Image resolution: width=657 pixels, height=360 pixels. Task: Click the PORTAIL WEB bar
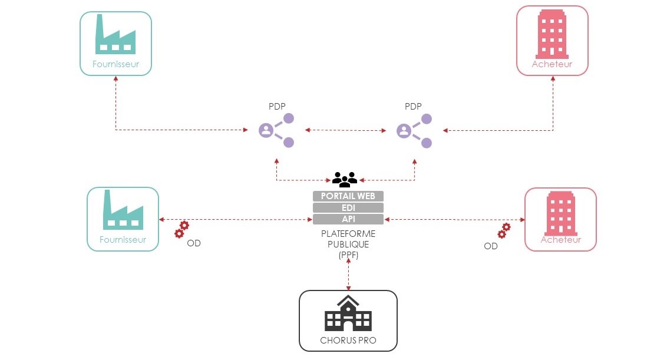348,196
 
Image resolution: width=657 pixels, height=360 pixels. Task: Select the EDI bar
348,208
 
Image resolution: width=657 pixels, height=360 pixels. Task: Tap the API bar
348,219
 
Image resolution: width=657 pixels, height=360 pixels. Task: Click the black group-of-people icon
345,179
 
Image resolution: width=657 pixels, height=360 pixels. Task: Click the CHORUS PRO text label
348,340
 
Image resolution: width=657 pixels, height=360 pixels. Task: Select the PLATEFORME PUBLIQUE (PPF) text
348,245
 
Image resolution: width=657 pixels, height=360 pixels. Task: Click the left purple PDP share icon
276,130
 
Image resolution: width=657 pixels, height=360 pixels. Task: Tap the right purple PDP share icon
414,130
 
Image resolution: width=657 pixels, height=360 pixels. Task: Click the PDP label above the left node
277,107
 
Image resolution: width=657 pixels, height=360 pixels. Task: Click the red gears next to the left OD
181,230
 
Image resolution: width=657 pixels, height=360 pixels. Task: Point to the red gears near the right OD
504,230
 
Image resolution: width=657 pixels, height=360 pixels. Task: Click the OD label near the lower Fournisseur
194,243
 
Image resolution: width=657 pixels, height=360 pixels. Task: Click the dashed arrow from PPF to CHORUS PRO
349,275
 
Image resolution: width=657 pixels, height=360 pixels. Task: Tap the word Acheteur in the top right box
552,64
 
